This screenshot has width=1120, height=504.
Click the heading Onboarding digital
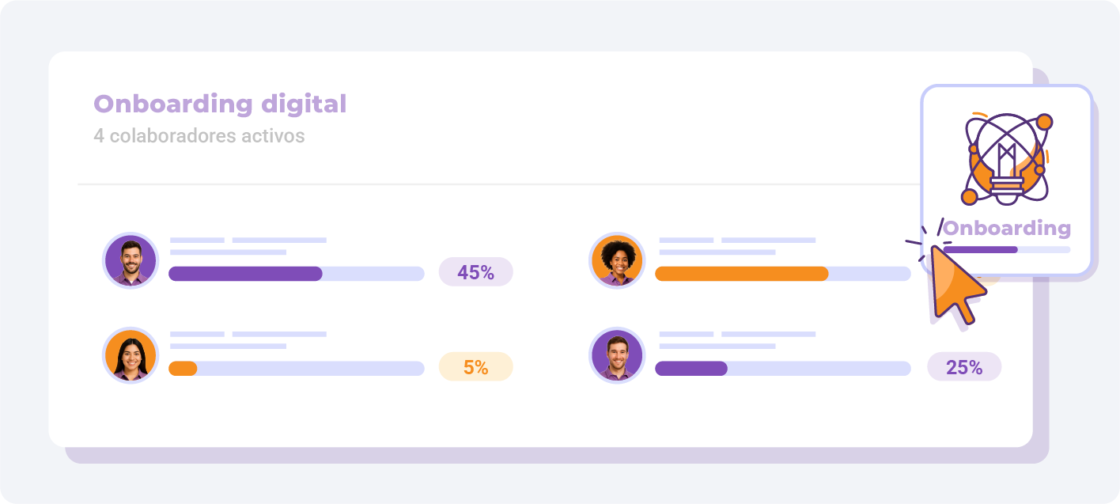coord(220,104)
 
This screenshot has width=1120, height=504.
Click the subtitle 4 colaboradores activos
coord(199,135)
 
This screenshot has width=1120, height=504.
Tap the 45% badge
coord(475,272)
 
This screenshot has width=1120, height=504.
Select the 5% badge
coord(475,367)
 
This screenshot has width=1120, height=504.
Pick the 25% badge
coord(964,367)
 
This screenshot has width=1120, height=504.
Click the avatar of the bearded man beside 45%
coord(131,260)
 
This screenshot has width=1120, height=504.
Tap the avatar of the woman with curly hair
coord(617,260)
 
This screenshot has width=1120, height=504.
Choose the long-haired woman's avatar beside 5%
coord(131,355)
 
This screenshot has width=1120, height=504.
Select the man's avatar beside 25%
coord(617,355)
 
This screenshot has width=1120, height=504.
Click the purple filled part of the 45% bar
coord(245,274)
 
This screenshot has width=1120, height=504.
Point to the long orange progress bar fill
coord(741,274)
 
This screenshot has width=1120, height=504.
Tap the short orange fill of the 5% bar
coord(183,369)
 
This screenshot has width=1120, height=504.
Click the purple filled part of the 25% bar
coord(691,369)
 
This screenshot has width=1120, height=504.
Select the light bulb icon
coord(1006,159)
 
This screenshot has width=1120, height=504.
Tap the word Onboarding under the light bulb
coord(1007,228)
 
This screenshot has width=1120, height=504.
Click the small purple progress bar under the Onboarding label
coord(980,249)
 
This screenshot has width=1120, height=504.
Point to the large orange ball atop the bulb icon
coord(1045,122)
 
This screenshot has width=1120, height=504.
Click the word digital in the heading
coord(304,104)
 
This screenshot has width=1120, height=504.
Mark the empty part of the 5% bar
coord(311,369)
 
